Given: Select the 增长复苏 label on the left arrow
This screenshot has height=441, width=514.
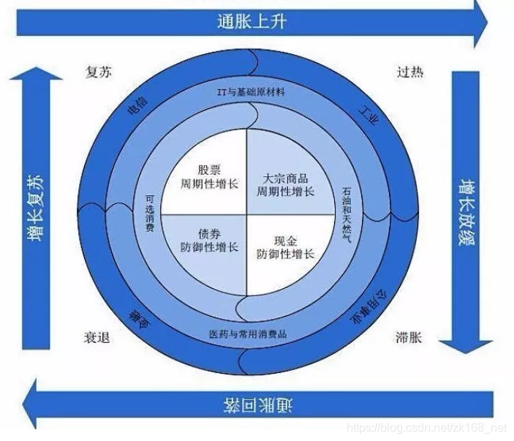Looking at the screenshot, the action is point(34,208).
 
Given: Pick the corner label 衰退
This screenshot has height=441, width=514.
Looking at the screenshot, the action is point(99,338).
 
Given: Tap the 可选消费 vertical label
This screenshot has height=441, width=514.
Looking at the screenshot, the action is point(149,214).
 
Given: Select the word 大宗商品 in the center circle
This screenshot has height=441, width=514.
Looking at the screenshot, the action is point(284,178).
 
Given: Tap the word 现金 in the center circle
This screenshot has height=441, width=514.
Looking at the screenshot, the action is point(284,241).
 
